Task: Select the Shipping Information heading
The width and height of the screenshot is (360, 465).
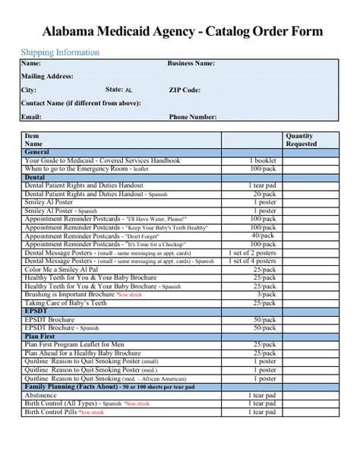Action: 60,52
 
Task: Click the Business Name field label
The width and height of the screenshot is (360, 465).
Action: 191,64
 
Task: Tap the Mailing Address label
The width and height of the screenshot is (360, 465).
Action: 47,77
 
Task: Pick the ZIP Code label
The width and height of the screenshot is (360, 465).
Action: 185,90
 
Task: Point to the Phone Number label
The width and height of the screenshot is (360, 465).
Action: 193,117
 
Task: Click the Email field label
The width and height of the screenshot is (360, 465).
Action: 31,117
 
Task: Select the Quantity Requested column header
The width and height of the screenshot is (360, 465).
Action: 302,140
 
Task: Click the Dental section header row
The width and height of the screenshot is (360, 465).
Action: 35,177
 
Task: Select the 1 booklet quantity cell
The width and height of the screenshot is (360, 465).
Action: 262,161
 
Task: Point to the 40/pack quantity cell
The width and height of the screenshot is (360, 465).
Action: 263,236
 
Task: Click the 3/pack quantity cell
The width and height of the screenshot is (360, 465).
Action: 264,294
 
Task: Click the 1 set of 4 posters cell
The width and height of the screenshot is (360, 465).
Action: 253,261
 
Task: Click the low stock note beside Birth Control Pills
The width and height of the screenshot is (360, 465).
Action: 92,412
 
